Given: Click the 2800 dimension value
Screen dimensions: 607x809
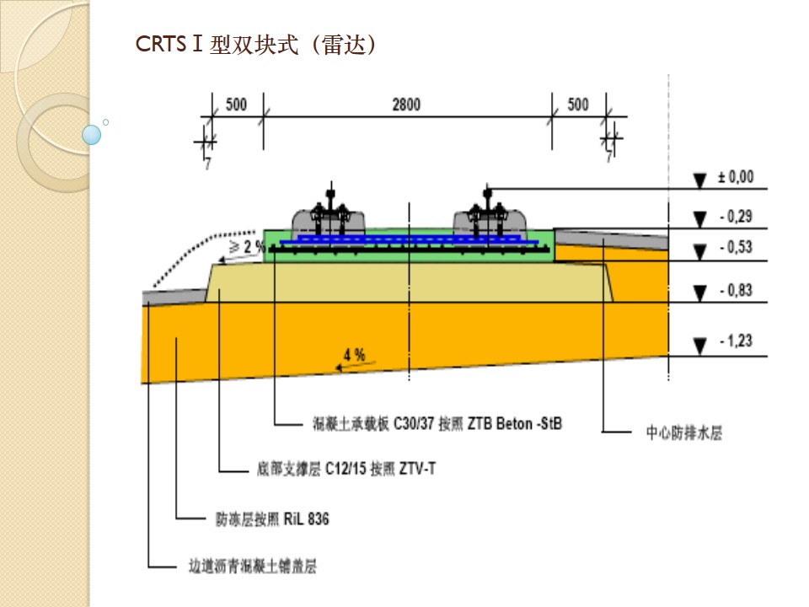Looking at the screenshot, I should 406,105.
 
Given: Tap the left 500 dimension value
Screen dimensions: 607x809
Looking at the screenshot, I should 236,105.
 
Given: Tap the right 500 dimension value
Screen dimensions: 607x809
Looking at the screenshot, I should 578,105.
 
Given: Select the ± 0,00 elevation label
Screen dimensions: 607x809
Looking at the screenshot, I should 735,178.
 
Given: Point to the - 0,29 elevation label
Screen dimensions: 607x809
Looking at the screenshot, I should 735,217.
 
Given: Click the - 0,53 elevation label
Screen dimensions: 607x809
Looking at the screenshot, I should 735,247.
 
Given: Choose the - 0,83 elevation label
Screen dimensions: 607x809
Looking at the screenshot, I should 735,291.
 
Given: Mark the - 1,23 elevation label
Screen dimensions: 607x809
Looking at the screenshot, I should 735,341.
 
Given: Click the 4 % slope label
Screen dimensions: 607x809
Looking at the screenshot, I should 354,355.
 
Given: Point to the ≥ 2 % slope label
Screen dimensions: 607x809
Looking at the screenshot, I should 248,247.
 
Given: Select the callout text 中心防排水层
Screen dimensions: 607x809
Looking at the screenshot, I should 683,432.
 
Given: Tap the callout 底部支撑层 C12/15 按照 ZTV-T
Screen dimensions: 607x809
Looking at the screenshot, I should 346,469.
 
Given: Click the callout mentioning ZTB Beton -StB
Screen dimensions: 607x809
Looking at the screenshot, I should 431,423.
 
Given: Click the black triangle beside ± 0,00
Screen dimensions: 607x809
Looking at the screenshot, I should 699,180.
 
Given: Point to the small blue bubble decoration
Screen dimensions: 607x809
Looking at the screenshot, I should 92,135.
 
